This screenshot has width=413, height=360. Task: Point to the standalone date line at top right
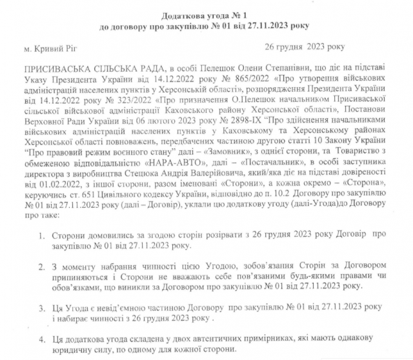click(x=305, y=47)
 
